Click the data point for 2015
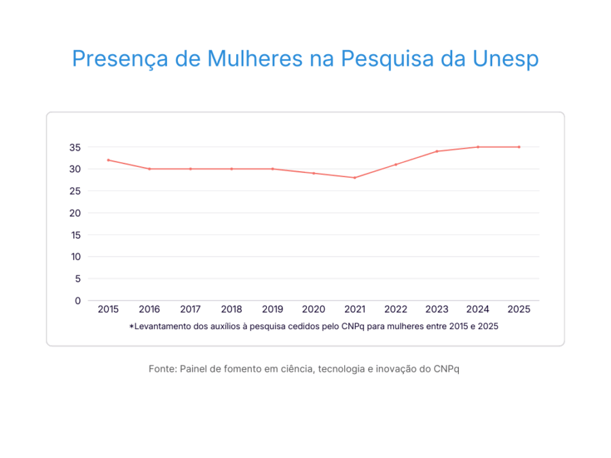pyautogui.click(x=108, y=160)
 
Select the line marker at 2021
pyautogui.click(x=354, y=178)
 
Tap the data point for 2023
pyautogui.click(x=437, y=151)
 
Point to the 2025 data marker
pyautogui.click(x=519, y=147)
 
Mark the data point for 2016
pyautogui.click(x=149, y=169)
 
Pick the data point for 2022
pyautogui.click(x=396, y=164)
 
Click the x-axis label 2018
pyautogui.click(x=232, y=309)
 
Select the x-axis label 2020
pyautogui.click(x=314, y=309)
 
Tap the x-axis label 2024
pyautogui.click(x=478, y=309)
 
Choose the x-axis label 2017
pyautogui.click(x=190, y=309)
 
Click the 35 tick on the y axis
pyautogui.click(x=75, y=147)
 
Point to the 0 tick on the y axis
pyautogui.click(x=77, y=301)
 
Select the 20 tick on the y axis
pyautogui.click(x=75, y=213)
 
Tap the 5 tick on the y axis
pyautogui.click(x=77, y=278)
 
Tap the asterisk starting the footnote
pyautogui.click(x=131, y=326)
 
